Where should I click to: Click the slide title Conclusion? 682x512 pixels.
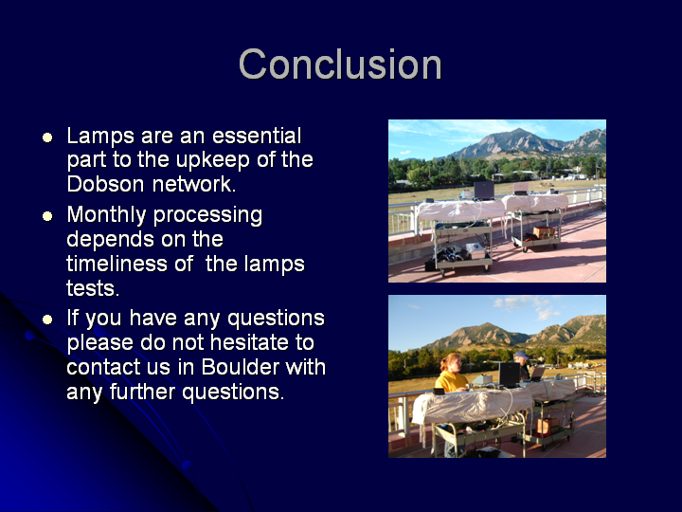click(x=340, y=64)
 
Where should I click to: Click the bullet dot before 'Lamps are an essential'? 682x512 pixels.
click(x=47, y=137)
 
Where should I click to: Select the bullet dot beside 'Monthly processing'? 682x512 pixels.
click(x=47, y=216)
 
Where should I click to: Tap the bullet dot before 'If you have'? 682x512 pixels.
click(x=47, y=320)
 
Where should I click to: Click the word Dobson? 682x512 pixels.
click(x=105, y=184)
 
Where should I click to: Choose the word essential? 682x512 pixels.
click(x=257, y=136)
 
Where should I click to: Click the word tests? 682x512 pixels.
click(x=93, y=288)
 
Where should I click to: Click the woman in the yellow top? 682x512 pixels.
click(x=452, y=375)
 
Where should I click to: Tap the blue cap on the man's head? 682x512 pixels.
click(x=521, y=355)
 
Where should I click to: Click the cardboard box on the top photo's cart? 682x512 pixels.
click(x=544, y=232)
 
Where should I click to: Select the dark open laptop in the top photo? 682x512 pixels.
click(x=484, y=191)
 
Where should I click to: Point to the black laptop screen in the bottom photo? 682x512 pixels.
click(x=509, y=374)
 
